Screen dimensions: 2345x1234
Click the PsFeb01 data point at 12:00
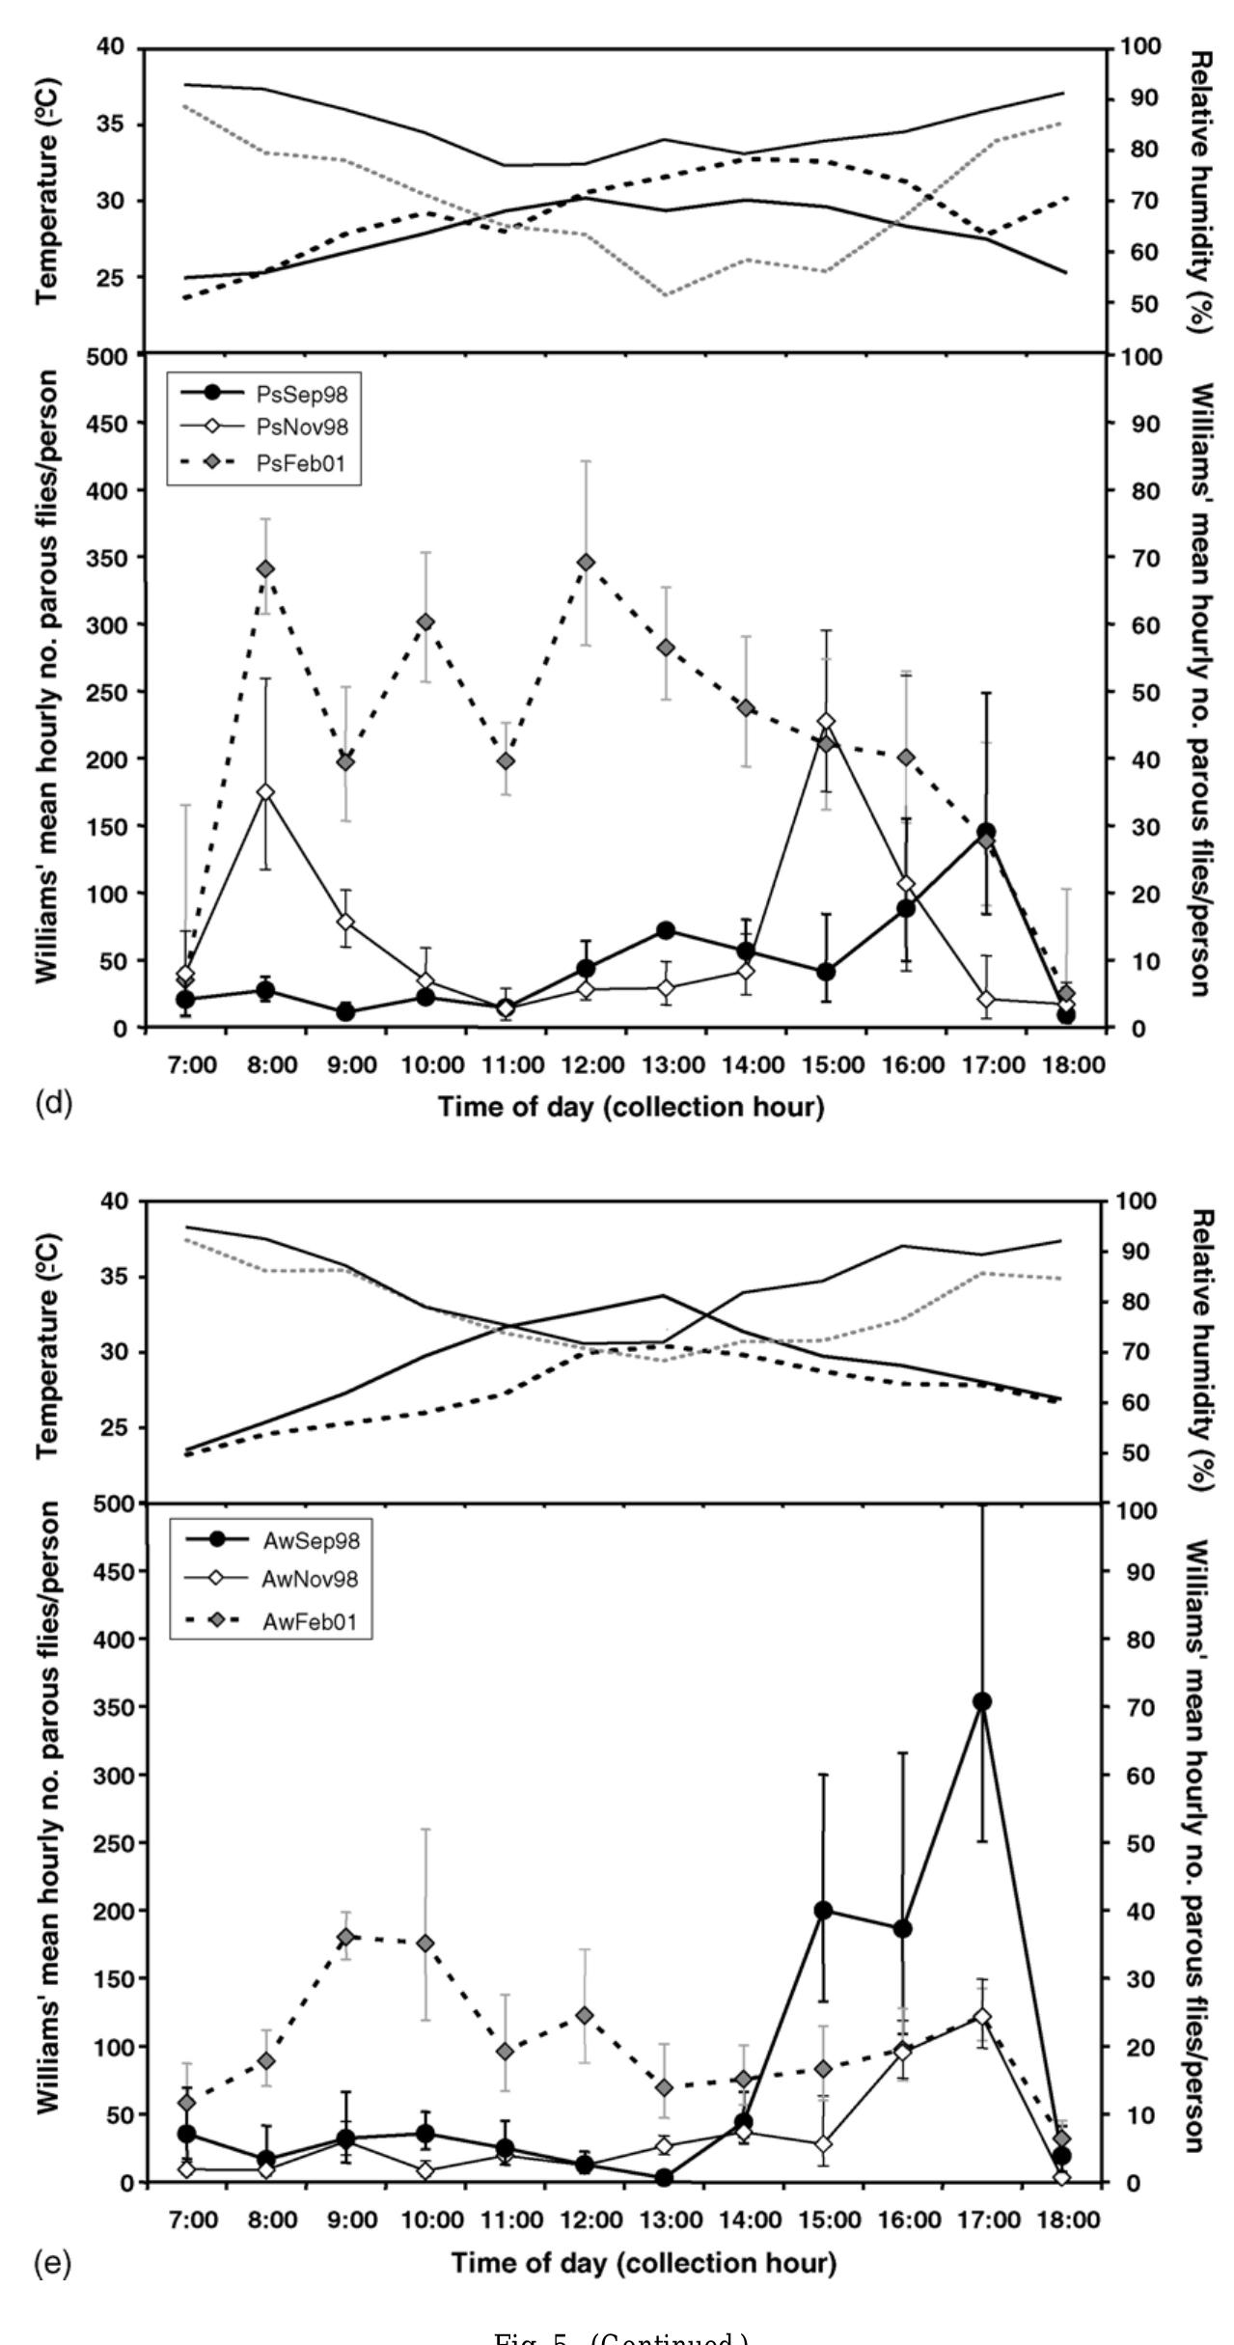pyautogui.click(x=585, y=562)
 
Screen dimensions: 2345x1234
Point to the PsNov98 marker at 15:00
pyautogui.click(x=825, y=722)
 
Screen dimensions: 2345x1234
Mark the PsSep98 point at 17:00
pyautogui.click(x=985, y=832)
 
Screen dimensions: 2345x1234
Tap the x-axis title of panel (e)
pyautogui.click(x=644, y=2262)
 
